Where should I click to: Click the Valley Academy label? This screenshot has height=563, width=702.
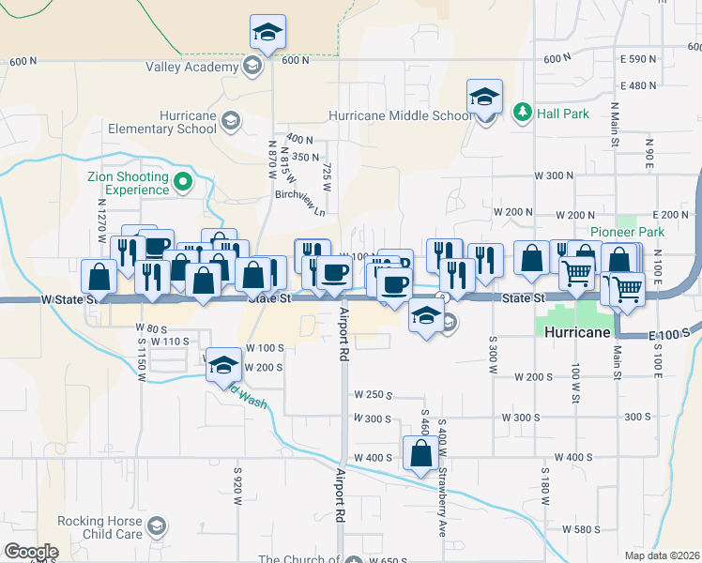coord(192,67)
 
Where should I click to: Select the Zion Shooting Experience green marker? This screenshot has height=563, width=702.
coord(183,182)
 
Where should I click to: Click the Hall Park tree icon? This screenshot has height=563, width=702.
coord(523,113)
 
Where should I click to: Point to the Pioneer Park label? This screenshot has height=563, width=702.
coord(627,232)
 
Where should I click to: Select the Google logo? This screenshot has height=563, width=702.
coord(31,552)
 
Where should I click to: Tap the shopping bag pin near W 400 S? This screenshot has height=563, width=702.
coord(420,454)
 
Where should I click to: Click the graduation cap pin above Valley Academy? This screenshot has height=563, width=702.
coord(267,34)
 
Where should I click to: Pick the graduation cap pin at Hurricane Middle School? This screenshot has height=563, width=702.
coord(484,97)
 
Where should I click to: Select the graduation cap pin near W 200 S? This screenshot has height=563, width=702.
coord(223,366)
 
